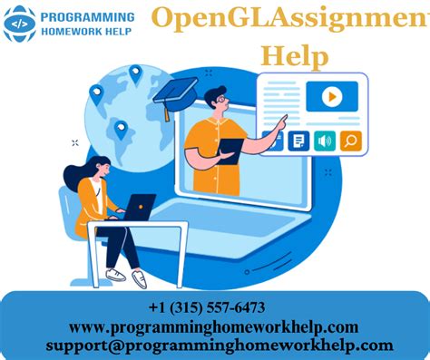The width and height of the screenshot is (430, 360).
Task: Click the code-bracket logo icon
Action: click(x=20, y=24)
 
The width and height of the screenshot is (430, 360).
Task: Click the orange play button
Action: click(x=332, y=95)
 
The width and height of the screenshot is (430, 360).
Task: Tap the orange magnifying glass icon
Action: click(x=350, y=141)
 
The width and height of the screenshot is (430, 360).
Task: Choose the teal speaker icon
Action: click(x=325, y=141)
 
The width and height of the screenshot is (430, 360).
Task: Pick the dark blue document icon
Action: click(x=298, y=141)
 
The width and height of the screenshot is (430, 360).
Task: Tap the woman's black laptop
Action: click(x=137, y=208)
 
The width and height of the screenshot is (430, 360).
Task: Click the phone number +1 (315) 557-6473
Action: click(x=207, y=309)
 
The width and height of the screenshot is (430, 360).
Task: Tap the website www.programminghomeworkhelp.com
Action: click(x=214, y=326)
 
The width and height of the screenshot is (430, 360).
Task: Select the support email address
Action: click(x=220, y=345)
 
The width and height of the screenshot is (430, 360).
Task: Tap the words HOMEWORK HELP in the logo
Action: click(x=87, y=33)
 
